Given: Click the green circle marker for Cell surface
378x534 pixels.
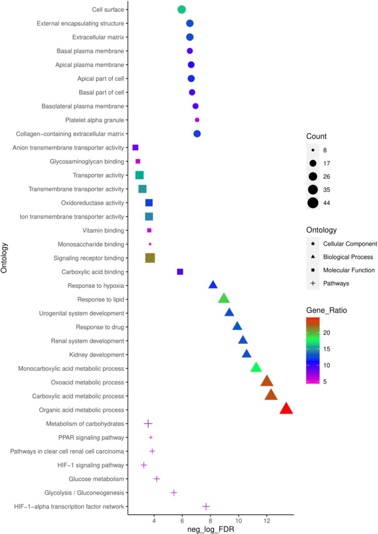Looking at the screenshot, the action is (182, 9).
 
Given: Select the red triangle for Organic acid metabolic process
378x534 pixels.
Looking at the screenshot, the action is (286, 409).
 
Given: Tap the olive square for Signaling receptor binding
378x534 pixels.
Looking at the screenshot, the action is (150, 258).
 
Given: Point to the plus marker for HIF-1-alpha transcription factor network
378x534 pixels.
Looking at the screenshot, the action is (206, 507).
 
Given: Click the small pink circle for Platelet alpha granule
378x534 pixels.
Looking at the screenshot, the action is (197, 120).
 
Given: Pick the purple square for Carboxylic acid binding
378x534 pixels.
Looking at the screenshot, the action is (180, 272).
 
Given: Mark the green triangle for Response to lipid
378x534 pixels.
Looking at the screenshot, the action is (224, 299).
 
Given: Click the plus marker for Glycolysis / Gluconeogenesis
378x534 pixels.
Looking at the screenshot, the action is (174, 493).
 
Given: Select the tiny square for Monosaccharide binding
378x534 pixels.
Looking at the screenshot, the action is (150, 244).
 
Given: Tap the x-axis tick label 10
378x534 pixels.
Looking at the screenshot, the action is (239, 521).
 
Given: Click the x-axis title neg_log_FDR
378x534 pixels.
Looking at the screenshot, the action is (211, 529).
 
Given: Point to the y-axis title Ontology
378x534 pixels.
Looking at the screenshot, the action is (4, 258).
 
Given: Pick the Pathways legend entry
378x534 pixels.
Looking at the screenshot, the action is (330, 283).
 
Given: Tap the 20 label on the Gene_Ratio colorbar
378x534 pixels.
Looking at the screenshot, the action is (327, 333).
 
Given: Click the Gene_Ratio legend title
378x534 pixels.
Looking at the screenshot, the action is (327, 310).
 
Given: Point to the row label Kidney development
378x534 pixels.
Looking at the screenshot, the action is (97, 355).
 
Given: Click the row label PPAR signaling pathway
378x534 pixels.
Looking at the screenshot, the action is (91, 438).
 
